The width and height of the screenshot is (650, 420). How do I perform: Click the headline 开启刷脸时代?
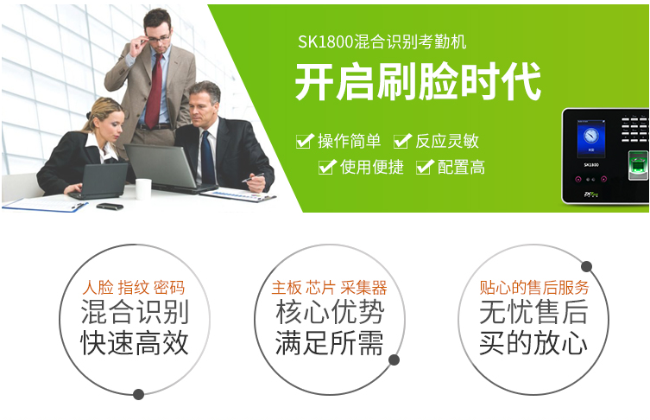(x=418, y=82)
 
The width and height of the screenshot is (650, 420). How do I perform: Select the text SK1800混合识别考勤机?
(x=382, y=42)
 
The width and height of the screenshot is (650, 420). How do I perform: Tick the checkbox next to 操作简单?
(x=305, y=141)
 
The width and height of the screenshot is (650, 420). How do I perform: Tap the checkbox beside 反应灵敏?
(x=402, y=141)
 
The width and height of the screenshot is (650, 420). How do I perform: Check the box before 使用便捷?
(x=327, y=167)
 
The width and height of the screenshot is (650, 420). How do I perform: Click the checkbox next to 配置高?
(x=425, y=167)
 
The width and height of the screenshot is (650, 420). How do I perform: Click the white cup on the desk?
(x=143, y=189)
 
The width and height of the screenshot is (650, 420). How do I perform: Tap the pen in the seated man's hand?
(x=253, y=177)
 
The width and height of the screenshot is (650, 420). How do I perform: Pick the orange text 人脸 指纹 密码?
(x=134, y=288)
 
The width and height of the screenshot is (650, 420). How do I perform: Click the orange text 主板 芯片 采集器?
(x=329, y=288)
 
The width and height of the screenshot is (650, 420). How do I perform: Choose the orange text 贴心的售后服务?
(x=534, y=288)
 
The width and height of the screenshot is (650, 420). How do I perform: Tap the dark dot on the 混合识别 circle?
(x=138, y=394)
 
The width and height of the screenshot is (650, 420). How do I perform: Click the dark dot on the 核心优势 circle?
(x=394, y=360)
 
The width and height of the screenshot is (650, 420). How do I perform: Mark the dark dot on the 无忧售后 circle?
(x=586, y=266)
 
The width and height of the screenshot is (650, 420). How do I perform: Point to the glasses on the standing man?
(x=156, y=39)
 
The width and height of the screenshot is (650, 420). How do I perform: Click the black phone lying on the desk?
(x=110, y=207)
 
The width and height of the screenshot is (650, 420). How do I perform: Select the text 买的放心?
(x=533, y=343)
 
